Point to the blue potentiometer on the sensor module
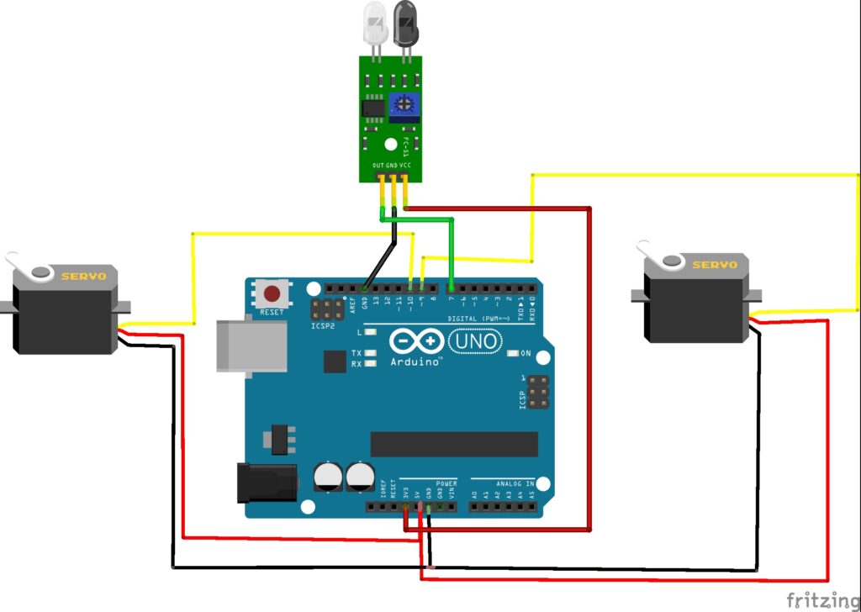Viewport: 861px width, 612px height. tap(405, 105)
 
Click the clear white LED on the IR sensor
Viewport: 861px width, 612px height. tap(373, 24)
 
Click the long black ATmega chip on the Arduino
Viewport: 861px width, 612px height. tap(454, 444)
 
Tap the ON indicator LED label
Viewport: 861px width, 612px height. tap(526, 352)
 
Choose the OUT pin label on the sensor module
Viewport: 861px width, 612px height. tap(380, 166)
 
